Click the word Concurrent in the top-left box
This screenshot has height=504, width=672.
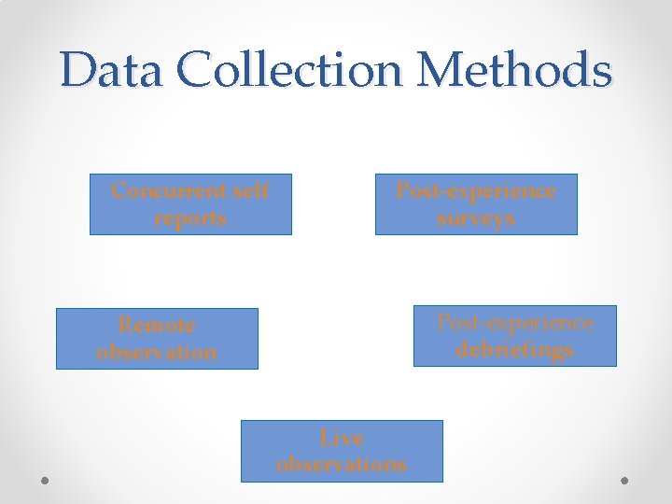tap(169, 191)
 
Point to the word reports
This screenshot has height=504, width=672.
tap(190, 218)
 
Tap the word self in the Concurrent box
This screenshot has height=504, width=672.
tap(251, 191)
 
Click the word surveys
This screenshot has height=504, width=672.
tap(476, 218)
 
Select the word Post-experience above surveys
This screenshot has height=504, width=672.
tap(476, 191)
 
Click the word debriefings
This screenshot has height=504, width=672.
tap(514, 350)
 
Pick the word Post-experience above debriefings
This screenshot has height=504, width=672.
tap(514, 323)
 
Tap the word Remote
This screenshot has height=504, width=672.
tap(157, 326)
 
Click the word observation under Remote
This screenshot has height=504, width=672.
tap(157, 353)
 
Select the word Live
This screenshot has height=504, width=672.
tap(342, 437)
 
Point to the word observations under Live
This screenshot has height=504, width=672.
tap(342, 464)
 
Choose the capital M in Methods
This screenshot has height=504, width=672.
tap(443, 71)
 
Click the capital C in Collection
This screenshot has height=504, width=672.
tap(203, 71)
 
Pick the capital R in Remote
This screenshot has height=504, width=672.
tap(125, 326)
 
